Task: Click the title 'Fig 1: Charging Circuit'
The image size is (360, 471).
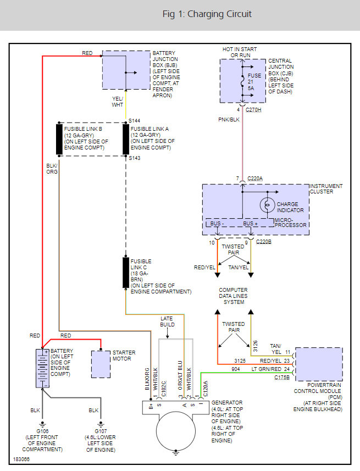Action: (x=207, y=14)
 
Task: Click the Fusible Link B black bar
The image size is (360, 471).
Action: (x=59, y=140)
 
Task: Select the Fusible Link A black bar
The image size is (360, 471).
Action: (x=126, y=140)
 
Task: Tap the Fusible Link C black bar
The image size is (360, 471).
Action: (x=126, y=273)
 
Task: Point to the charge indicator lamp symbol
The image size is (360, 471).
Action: (x=267, y=204)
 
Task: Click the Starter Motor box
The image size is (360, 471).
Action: (x=101, y=363)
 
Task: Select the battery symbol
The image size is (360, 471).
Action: (x=42, y=368)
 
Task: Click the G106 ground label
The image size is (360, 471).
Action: (x=42, y=431)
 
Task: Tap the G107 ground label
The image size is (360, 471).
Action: (x=101, y=431)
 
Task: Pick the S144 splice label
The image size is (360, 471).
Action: (x=135, y=119)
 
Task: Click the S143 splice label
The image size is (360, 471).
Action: (x=135, y=158)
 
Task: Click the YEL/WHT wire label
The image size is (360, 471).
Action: (x=118, y=102)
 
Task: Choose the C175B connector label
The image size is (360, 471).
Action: (x=283, y=378)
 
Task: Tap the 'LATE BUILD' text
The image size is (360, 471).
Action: (x=167, y=322)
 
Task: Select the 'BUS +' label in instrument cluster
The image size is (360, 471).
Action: (x=250, y=224)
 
